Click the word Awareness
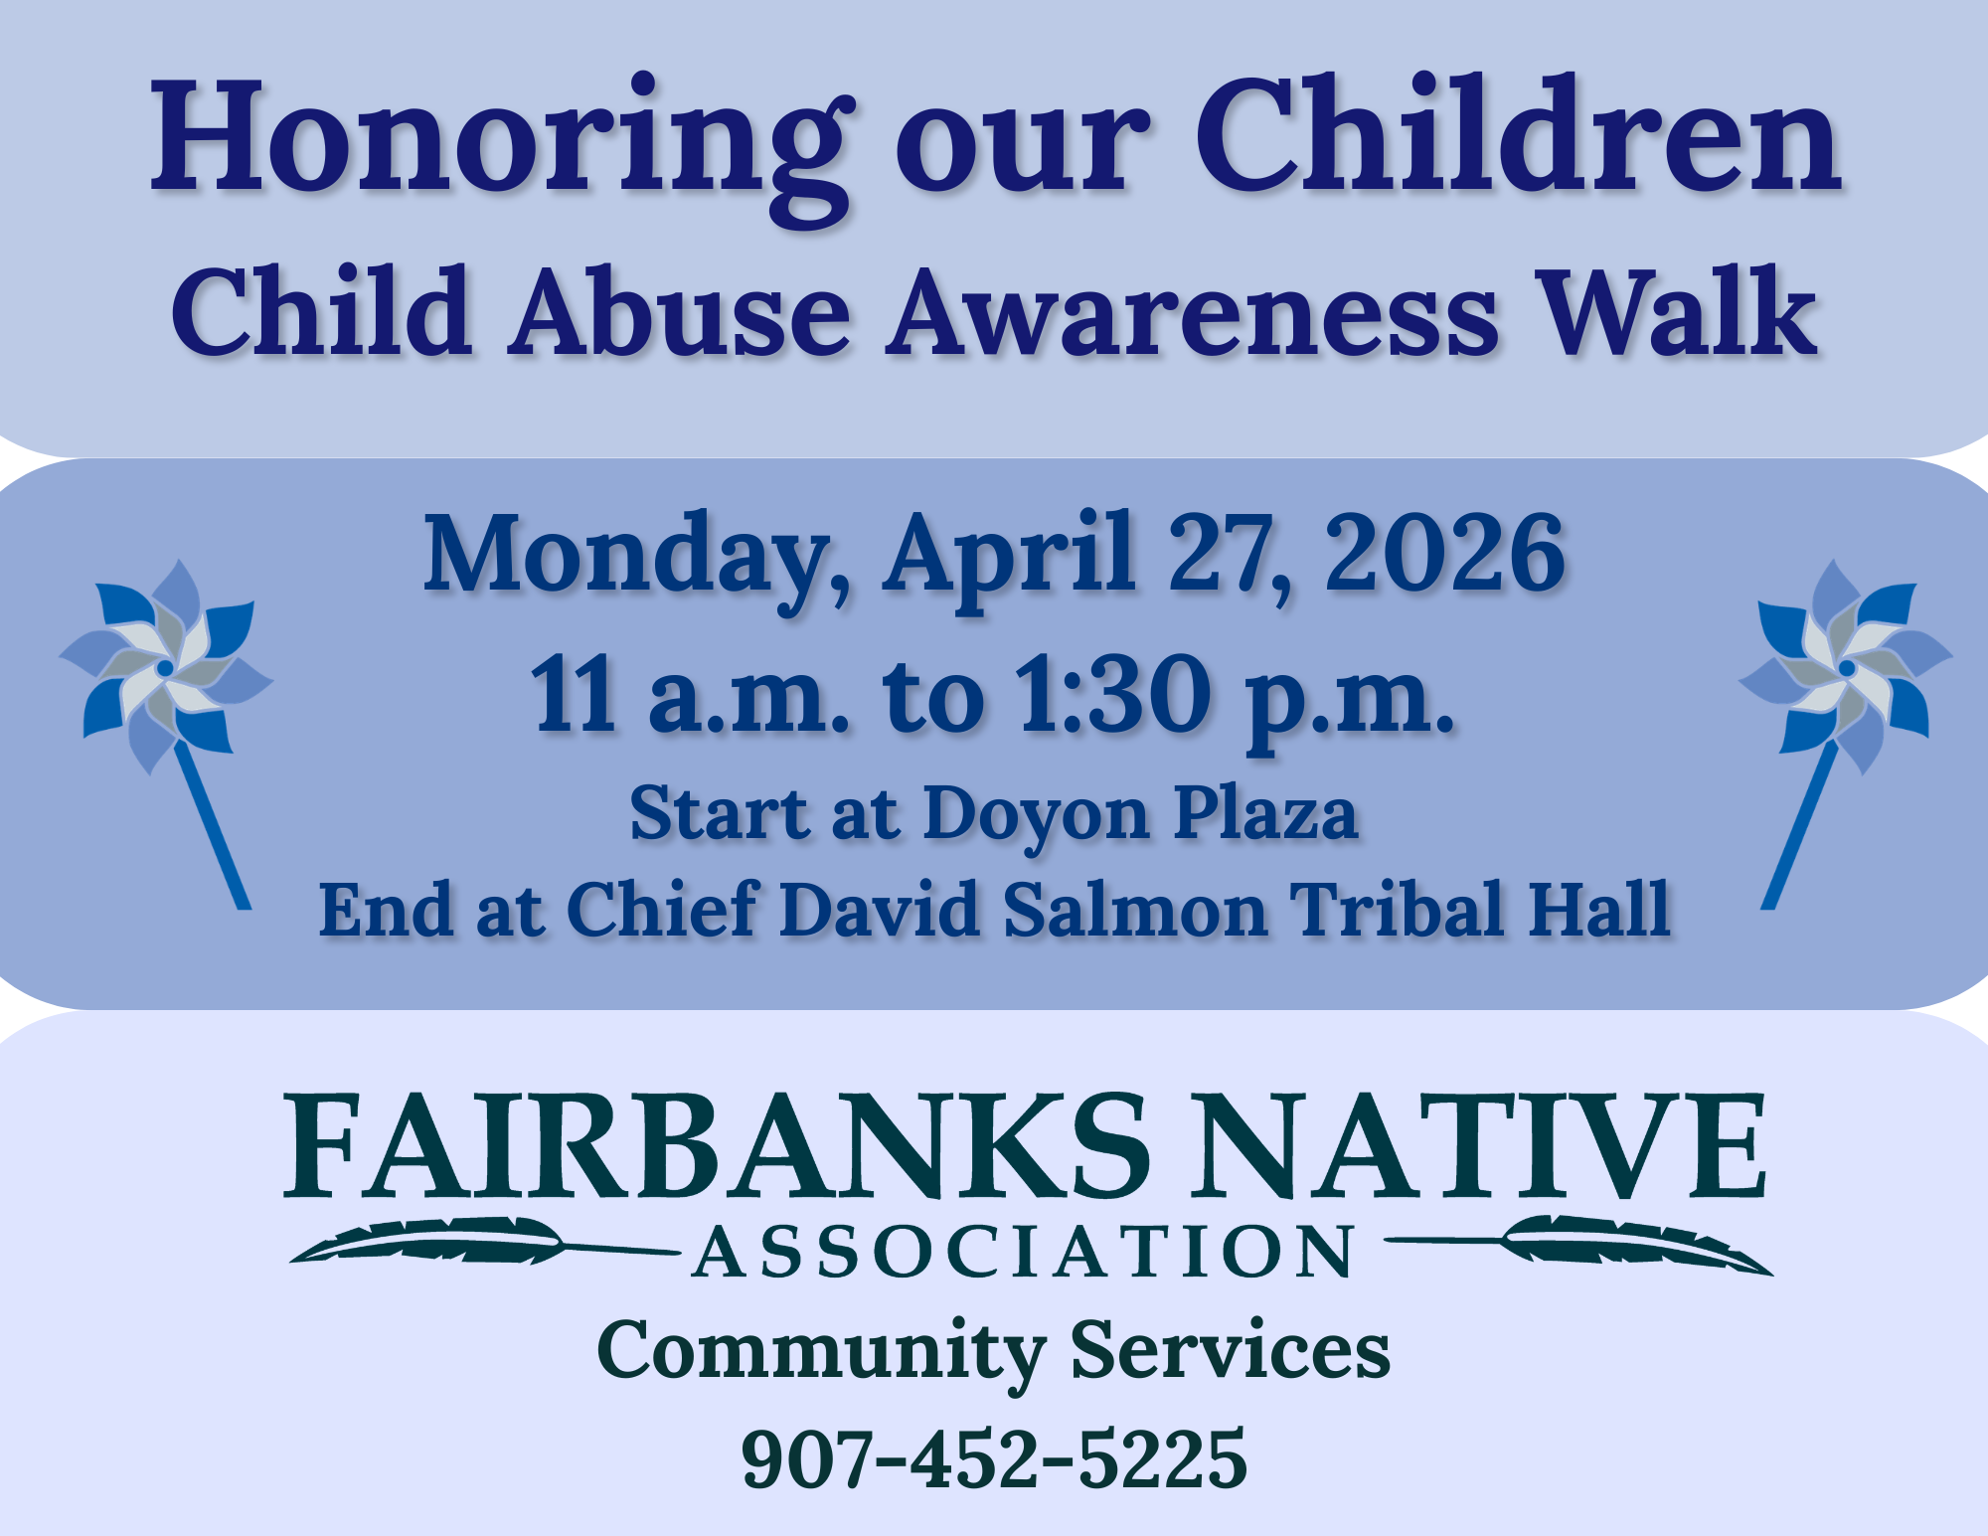click(1192, 313)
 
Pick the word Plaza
click(1265, 812)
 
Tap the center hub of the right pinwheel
click(1847, 668)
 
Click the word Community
click(821, 1352)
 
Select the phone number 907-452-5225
click(994, 1458)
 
